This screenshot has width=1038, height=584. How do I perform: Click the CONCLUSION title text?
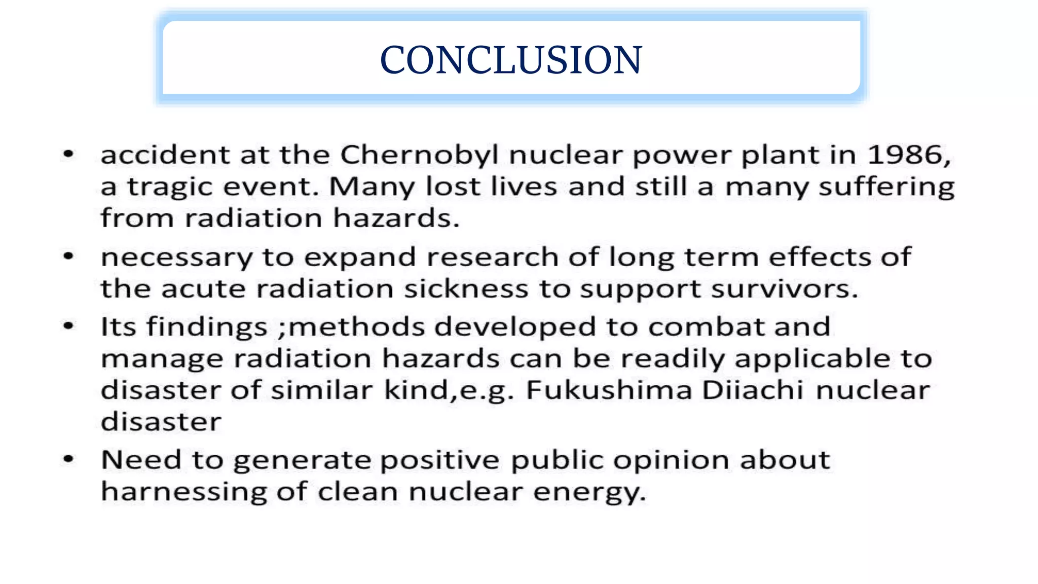511,60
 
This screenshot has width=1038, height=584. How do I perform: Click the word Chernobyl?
420,155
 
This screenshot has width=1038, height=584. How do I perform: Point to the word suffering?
886,188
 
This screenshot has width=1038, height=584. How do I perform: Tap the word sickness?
466,289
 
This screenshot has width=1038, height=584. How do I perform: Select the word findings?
207,327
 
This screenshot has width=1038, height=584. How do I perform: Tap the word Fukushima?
609,390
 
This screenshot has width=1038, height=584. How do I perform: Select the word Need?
141,460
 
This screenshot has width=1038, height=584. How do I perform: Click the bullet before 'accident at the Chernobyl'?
68,154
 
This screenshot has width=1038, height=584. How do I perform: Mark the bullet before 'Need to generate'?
68,459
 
